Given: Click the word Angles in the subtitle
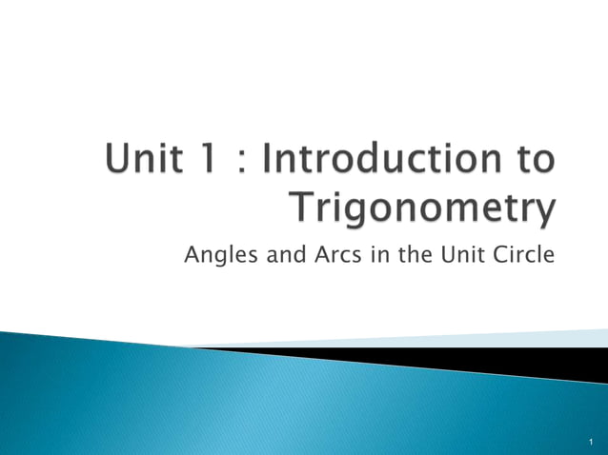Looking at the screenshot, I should click(x=214, y=255).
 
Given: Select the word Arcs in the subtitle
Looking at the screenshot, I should click(x=332, y=254).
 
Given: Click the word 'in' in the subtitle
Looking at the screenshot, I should click(x=375, y=254).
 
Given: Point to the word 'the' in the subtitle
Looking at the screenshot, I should click(x=411, y=254).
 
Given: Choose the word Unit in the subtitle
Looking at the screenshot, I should click(x=461, y=254).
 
